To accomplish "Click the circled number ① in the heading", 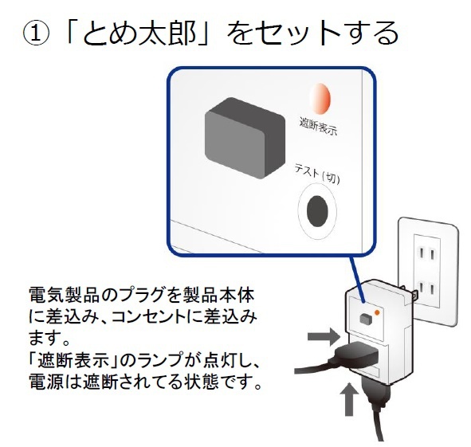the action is [36, 34].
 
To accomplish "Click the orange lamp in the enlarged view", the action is [320, 99].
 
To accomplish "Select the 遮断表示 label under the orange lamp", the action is [319, 126].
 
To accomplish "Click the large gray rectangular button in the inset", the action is [245, 138].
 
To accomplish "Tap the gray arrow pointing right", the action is [324, 336].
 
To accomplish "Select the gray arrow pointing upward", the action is [349, 399].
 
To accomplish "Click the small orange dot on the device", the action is [377, 312].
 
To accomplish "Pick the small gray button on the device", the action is [366, 319].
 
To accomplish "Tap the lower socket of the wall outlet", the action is [426, 289].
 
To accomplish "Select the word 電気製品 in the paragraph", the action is [63, 295].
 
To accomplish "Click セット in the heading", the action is [298, 34].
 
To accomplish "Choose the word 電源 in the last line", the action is [46, 381].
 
